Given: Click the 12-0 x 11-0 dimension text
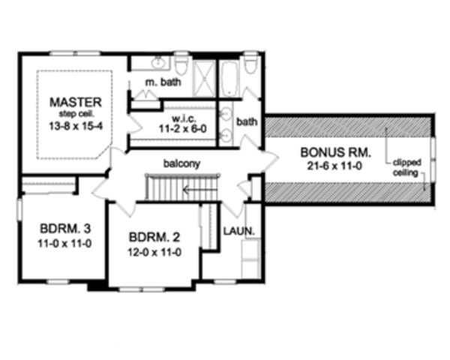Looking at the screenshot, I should click(x=153, y=253).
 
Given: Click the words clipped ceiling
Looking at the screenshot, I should click(x=408, y=166).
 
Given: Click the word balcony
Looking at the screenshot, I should click(x=183, y=162).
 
